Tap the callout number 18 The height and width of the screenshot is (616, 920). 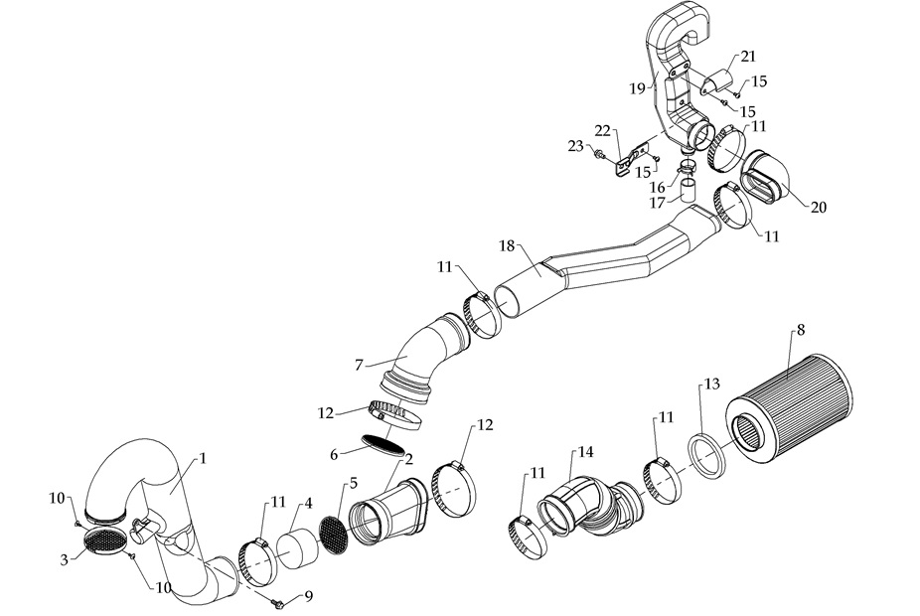506,244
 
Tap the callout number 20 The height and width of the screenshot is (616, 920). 818,208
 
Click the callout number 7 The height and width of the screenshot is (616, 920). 361,365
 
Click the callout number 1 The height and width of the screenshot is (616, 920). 202,458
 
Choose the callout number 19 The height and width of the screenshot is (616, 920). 637,87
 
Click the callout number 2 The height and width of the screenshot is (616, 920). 407,458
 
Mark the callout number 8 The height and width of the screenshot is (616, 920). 801,329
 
